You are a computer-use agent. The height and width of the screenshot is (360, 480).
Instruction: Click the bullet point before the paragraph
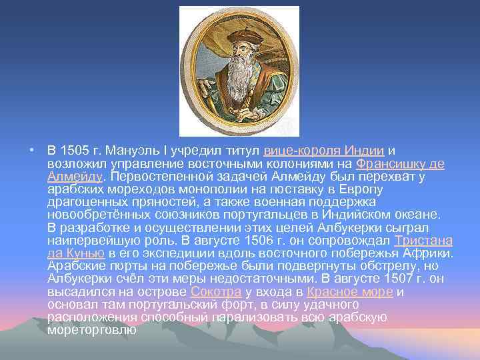pos(31,151)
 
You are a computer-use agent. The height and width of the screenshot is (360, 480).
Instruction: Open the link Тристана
pos(423,241)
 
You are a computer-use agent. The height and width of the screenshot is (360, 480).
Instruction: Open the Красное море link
pos(350,292)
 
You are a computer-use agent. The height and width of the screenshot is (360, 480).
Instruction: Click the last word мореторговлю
pos(91,330)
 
